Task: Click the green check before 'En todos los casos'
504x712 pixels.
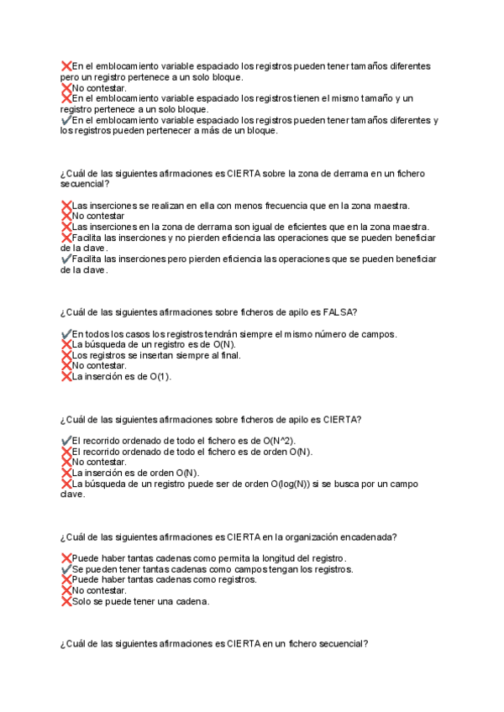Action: (x=66, y=334)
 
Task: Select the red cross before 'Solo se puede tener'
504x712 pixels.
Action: (x=66, y=601)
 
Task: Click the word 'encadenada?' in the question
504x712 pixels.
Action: (x=370, y=537)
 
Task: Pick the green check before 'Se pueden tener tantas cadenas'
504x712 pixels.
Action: (x=66, y=569)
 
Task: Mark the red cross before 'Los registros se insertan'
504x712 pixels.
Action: (x=66, y=355)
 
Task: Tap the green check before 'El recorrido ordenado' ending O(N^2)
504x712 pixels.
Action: (x=66, y=441)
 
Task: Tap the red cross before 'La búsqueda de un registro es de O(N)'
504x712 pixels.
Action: (x=66, y=344)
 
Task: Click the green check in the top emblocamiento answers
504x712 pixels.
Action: (x=66, y=120)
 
